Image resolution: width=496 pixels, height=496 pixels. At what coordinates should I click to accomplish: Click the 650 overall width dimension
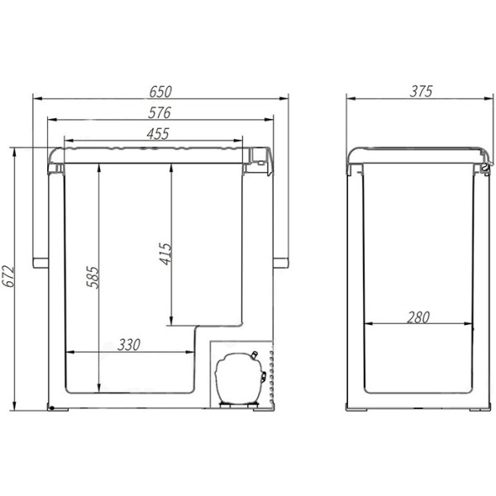[x=160, y=92]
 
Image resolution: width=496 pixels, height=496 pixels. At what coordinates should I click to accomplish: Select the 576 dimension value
[x=160, y=113]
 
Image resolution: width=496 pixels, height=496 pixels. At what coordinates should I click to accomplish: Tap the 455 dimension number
[x=158, y=134]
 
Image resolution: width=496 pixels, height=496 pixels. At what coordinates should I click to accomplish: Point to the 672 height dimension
[x=8, y=276]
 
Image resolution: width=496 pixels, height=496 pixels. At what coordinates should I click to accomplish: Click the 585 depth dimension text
[x=93, y=278]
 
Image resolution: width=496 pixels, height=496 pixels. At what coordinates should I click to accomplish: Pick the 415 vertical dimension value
[x=165, y=254]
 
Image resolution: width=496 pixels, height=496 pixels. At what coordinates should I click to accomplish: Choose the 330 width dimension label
[x=129, y=345]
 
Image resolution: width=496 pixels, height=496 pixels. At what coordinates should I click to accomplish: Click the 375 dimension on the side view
[x=421, y=92]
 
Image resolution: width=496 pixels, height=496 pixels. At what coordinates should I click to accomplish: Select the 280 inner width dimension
[x=418, y=317]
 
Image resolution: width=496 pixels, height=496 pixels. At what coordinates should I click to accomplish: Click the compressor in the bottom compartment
[x=240, y=379]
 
